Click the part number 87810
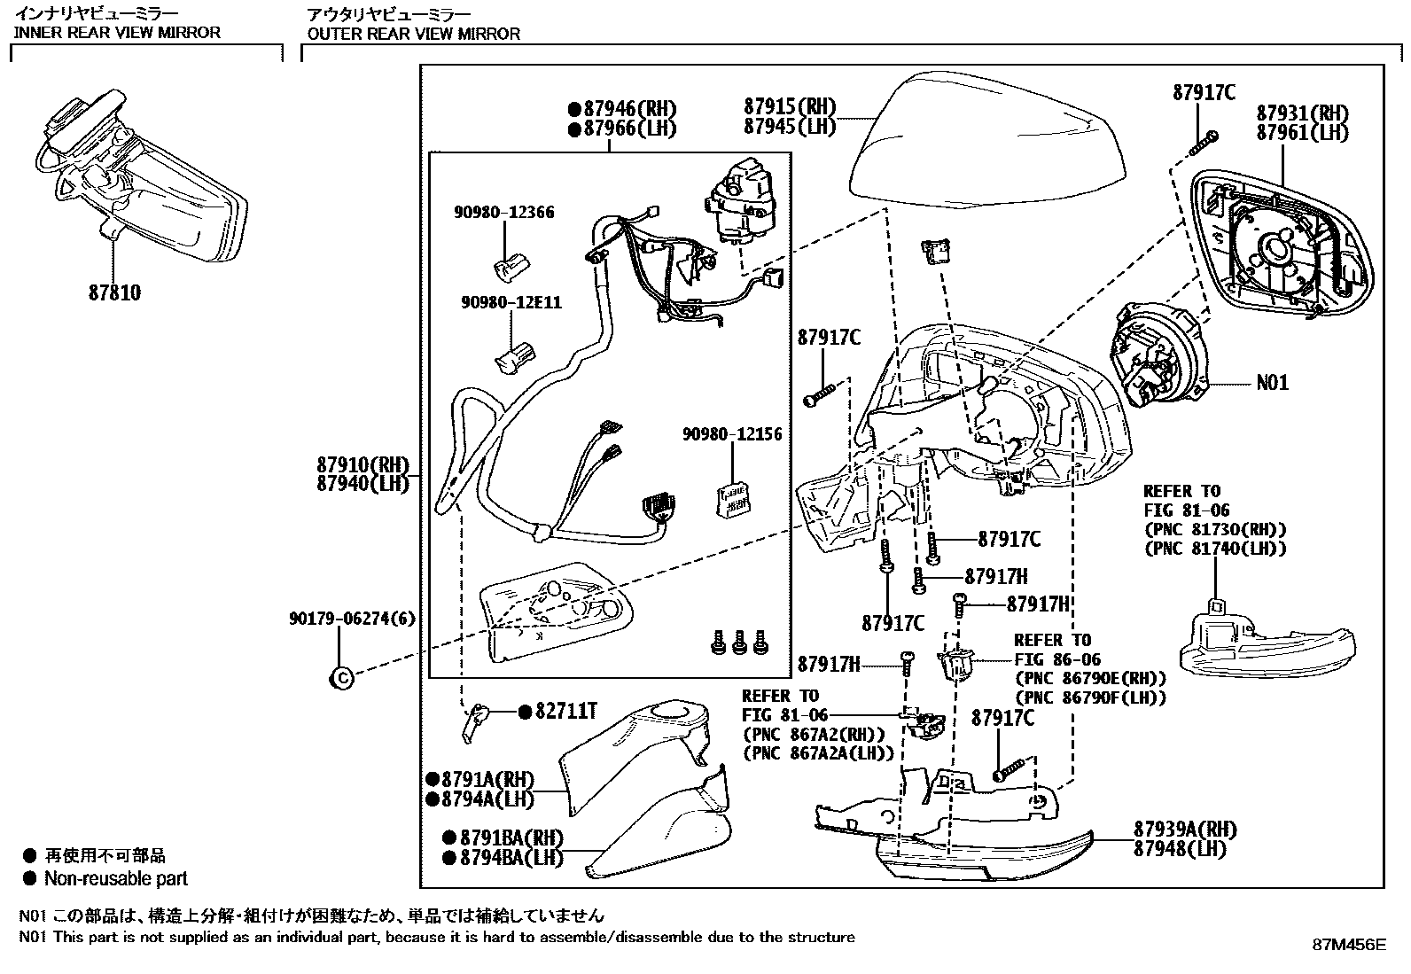point(114,292)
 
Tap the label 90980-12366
point(504,213)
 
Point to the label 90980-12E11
point(511,302)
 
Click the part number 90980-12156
point(733,434)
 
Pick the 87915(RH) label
point(790,106)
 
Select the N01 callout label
point(1273,382)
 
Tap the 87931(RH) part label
point(1303,113)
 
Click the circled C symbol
point(342,678)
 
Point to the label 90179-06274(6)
point(352,619)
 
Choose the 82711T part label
point(565,712)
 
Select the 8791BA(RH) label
point(511,838)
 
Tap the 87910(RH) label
point(362,465)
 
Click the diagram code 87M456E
point(1349,945)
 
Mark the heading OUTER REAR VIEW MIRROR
point(414,34)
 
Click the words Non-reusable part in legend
point(116,878)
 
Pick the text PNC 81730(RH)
point(1216,529)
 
